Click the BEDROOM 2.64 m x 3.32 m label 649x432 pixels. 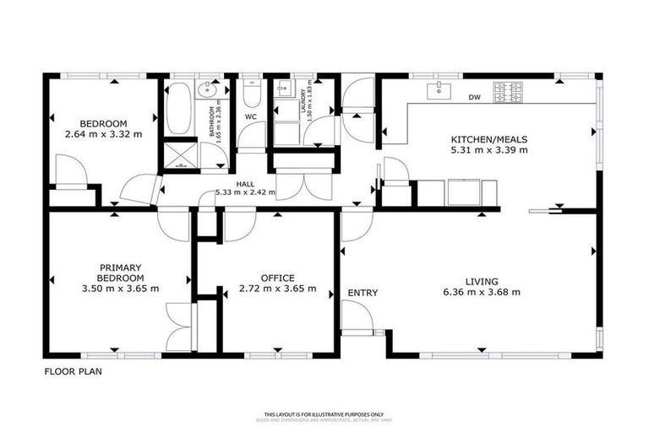coord(103,127)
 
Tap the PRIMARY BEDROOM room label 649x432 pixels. coord(119,277)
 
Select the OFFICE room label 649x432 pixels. coord(278,278)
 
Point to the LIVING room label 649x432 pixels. coord(481,281)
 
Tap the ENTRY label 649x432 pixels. coord(363,293)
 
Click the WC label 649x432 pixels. coord(251,116)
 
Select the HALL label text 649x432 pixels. coord(246,183)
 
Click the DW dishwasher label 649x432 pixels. coord(474,97)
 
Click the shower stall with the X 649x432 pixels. coord(179,154)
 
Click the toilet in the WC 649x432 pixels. coord(251,89)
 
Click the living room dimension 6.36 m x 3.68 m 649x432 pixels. coord(481,292)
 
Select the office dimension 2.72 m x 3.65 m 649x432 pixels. coord(278,289)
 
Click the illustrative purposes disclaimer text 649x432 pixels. coord(324,414)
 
